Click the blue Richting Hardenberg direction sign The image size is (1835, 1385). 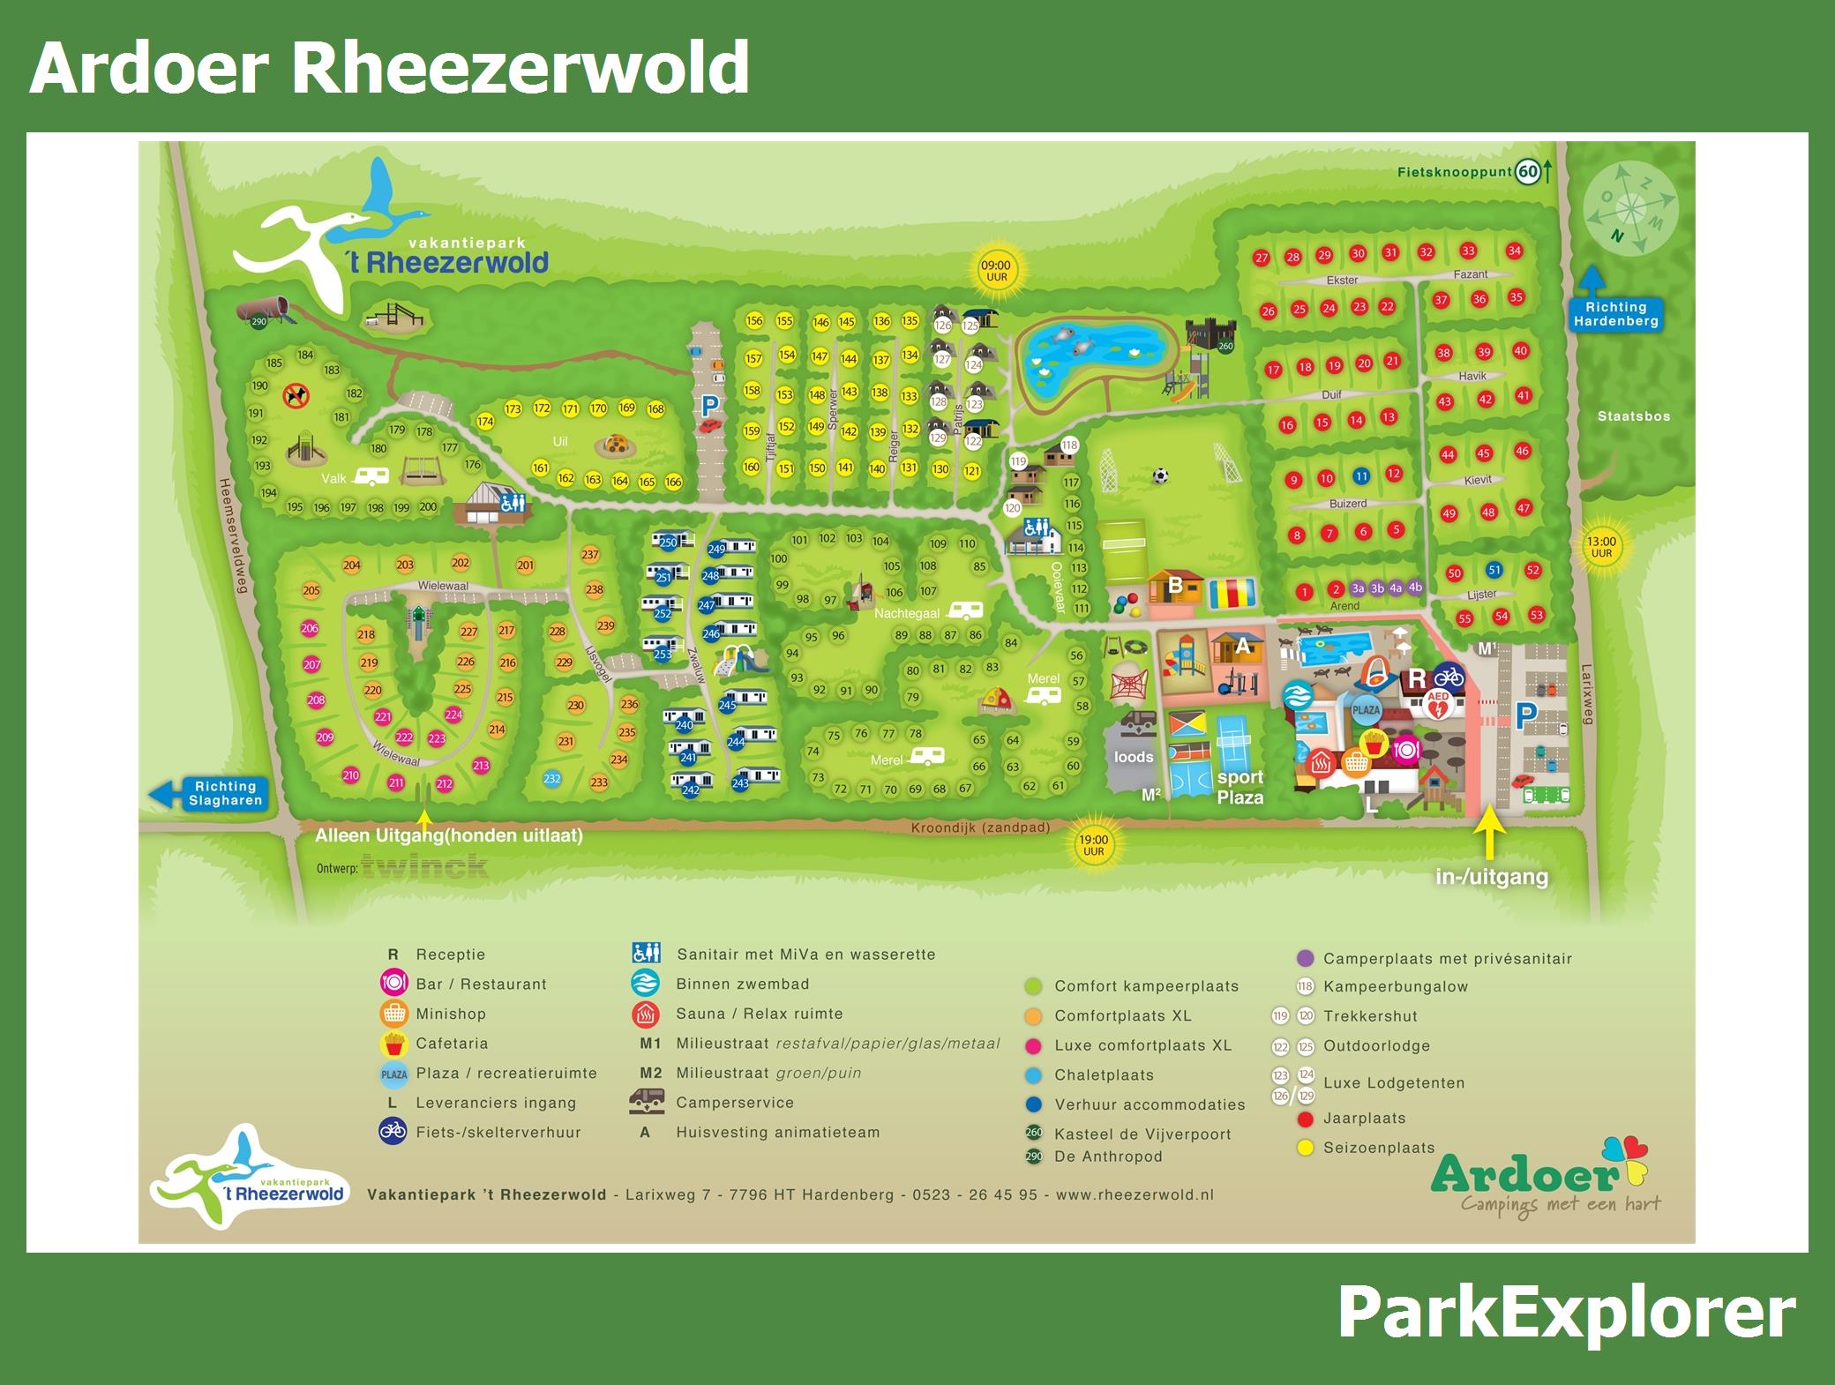1615,314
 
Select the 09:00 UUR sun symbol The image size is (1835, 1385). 997,271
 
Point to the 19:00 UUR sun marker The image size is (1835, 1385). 1093,846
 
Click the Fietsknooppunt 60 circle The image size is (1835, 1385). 1528,172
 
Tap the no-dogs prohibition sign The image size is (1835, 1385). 296,395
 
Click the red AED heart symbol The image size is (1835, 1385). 1438,704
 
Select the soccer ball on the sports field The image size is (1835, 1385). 1160,476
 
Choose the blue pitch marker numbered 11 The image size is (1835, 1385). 1361,476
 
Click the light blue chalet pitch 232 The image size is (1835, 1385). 552,779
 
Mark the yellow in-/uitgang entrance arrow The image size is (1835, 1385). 1490,834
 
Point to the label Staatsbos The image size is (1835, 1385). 1634,416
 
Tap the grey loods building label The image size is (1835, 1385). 1134,757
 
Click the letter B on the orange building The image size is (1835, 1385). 1175,586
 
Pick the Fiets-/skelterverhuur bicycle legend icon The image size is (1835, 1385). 393,1132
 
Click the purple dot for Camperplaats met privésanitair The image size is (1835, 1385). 1306,958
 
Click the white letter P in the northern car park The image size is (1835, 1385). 710,406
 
